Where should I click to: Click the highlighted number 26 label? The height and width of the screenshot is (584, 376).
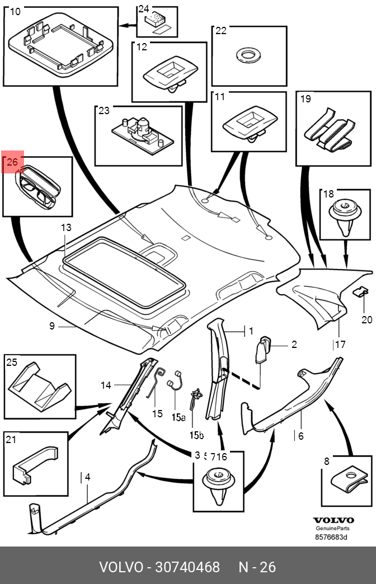click(13, 163)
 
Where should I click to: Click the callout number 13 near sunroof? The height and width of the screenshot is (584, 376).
click(67, 228)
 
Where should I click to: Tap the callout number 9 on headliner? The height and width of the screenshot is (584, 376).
click(52, 326)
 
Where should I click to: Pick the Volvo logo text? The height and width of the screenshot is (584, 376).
click(333, 520)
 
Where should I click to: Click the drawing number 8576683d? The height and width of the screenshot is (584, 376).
click(332, 538)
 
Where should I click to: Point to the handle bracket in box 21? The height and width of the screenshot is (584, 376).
click(34, 461)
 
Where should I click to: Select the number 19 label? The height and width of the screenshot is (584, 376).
click(305, 99)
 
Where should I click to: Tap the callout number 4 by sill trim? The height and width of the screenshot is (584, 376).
click(87, 477)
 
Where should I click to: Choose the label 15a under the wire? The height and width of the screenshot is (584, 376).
click(178, 417)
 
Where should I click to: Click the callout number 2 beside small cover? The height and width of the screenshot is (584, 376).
click(293, 345)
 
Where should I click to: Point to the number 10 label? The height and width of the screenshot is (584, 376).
click(15, 12)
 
